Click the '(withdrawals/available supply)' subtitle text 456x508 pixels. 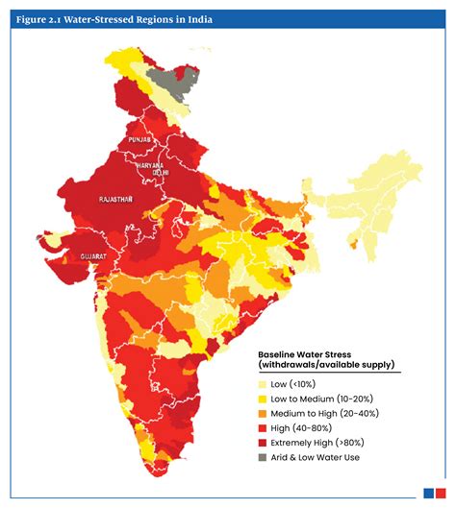pos(327,365)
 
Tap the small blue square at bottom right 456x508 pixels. pos(428,494)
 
